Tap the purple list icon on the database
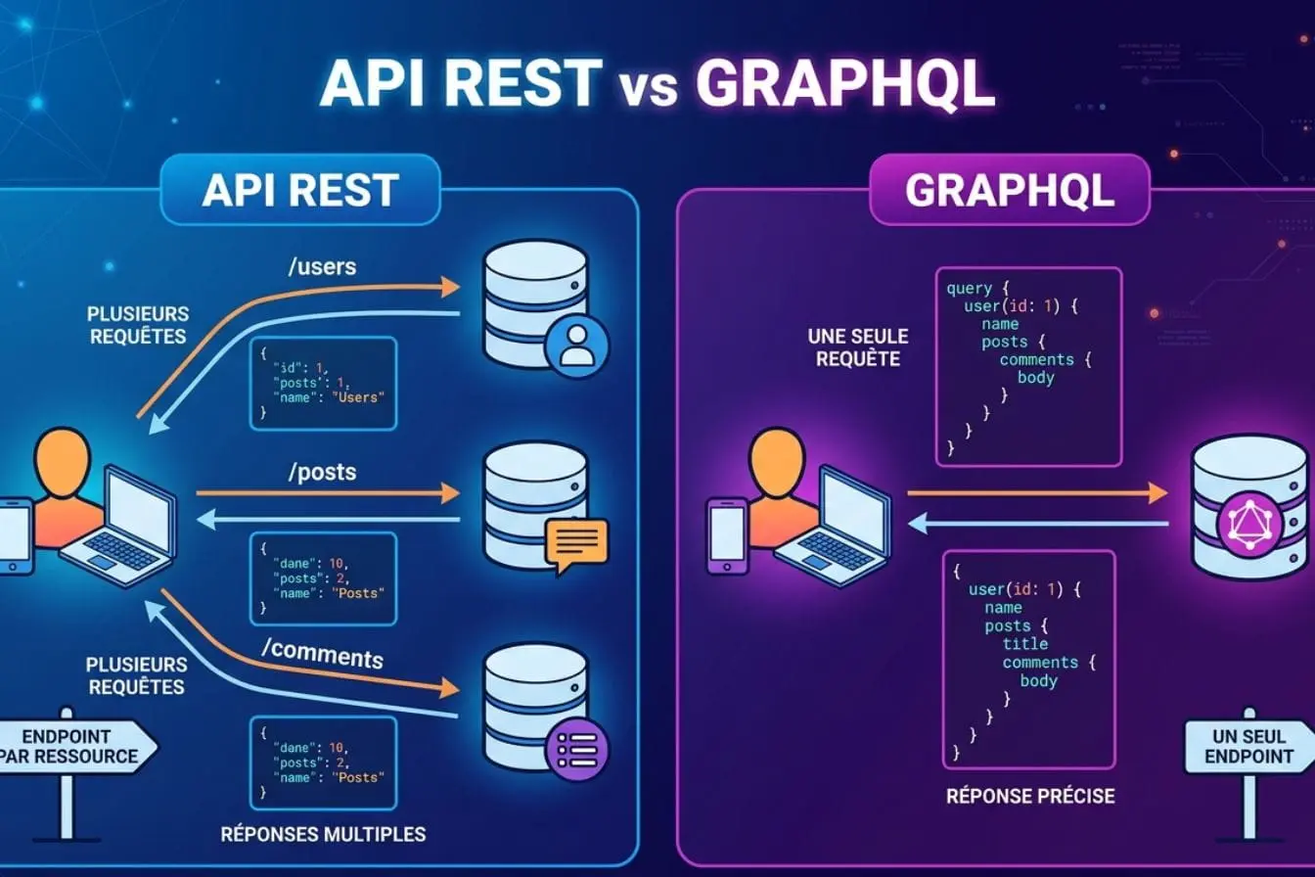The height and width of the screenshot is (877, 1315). (x=576, y=751)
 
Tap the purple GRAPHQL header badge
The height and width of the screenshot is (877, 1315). (x=1009, y=190)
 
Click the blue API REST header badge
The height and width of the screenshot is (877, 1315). (x=299, y=190)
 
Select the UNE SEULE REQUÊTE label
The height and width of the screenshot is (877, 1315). (x=858, y=347)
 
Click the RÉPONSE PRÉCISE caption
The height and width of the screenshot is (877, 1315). (x=1030, y=796)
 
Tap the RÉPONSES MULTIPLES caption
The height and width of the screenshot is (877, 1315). (x=323, y=834)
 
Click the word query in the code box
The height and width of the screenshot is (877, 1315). (x=970, y=289)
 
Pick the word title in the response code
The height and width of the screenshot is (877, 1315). (x=1024, y=644)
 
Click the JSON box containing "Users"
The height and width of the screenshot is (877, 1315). (x=324, y=383)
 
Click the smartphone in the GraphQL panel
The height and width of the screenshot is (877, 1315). (x=727, y=535)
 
